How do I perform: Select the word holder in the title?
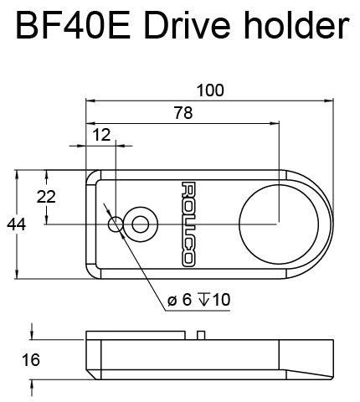pyautogui.click(x=290, y=27)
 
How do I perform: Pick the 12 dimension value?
pyautogui.click(x=101, y=134)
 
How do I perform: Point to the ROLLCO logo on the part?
pyautogui.click(x=188, y=224)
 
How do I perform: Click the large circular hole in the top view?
pyautogui.click(x=279, y=224)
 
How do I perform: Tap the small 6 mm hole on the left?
pyautogui.click(x=116, y=224)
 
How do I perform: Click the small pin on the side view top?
pyautogui.click(x=201, y=334)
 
